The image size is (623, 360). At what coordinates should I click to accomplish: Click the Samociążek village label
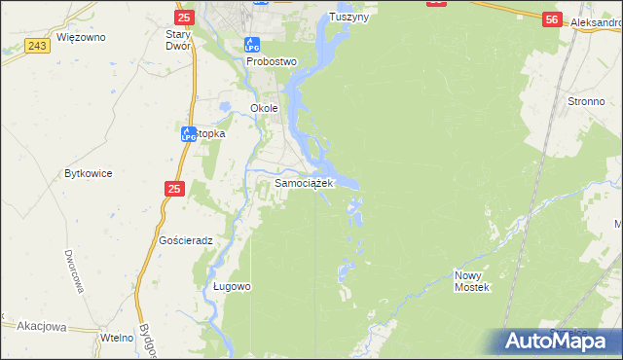(305, 182)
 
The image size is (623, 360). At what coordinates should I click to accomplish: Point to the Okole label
(265, 108)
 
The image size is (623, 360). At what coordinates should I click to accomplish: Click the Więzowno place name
(81, 37)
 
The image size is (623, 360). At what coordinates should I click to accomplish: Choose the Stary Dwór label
(183, 39)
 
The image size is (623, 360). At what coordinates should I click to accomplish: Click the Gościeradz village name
(185, 239)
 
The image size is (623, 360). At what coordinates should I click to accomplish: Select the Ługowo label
(232, 286)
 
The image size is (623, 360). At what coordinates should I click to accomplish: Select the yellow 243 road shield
(39, 47)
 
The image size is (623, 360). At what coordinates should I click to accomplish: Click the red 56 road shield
(552, 19)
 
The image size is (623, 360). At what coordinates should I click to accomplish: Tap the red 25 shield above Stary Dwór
(186, 18)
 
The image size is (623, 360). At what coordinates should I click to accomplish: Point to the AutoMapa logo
(558, 341)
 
